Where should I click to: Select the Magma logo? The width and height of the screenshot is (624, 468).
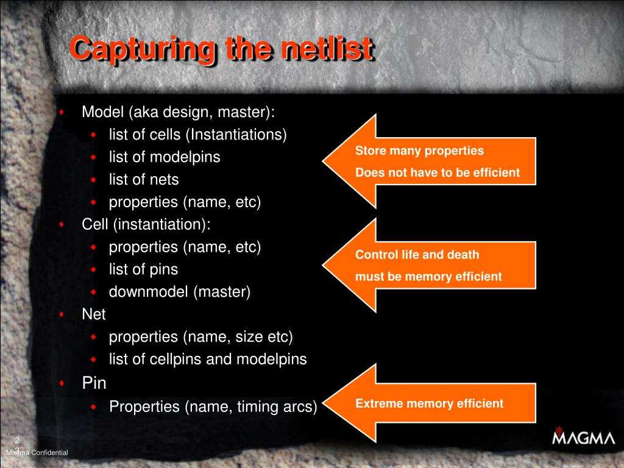point(583,438)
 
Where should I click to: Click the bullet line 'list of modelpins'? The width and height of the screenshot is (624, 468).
point(165,157)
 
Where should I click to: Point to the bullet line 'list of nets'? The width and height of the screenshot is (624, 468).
point(144,180)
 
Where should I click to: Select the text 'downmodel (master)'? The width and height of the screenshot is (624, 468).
point(180,292)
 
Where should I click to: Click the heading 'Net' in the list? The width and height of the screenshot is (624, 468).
point(94,314)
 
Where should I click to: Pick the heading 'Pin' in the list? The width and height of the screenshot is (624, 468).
point(94,383)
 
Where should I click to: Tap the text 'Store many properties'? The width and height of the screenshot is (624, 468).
point(419,151)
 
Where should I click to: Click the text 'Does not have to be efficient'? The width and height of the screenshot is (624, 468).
point(438,172)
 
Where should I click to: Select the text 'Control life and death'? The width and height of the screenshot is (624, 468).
point(417,255)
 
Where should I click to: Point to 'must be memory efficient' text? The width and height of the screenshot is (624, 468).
point(428,277)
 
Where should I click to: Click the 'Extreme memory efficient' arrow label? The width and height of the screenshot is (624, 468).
point(429,403)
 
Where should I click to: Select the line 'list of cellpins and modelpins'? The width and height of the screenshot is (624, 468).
point(208,359)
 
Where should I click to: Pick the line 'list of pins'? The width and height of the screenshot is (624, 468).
point(143,269)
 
